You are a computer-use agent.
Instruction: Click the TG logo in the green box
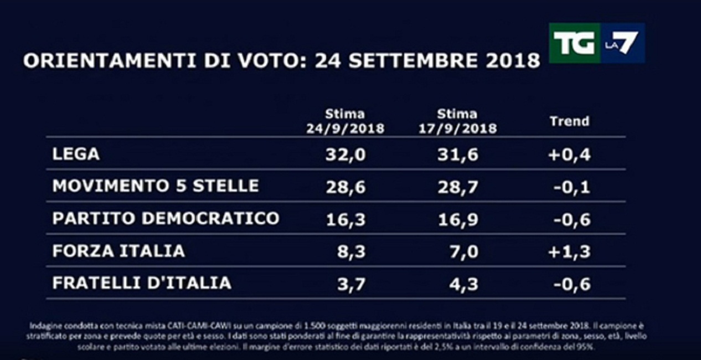coord(574,43)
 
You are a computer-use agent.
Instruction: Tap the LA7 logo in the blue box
coord(622,43)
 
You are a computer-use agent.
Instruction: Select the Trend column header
coord(569,121)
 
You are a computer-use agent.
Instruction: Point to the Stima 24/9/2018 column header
coord(345,121)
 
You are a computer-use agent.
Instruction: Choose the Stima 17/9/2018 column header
coord(457,121)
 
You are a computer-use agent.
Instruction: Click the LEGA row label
coord(76,154)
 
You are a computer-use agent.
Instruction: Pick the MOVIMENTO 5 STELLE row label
coord(156,186)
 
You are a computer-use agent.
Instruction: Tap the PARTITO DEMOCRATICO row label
coord(166,218)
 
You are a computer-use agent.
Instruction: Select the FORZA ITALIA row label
coord(118,251)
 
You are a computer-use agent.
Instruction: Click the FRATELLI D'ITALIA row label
coord(142,283)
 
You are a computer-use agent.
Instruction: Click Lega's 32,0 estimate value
coord(346,155)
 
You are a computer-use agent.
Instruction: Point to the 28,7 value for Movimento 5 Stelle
coord(457,187)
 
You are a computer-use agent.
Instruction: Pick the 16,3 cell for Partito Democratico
coord(346,219)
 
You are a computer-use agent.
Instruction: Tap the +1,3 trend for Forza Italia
coord(569,251)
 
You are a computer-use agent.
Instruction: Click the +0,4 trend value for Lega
coord(569,155)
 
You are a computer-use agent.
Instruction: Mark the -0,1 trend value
coord(571,187)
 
